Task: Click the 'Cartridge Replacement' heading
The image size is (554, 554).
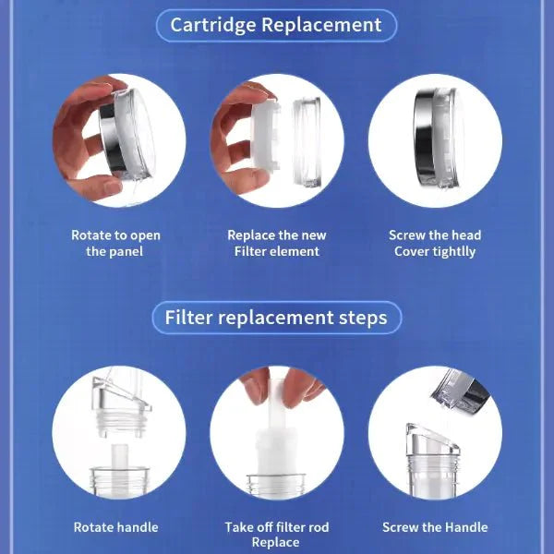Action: (x=276, y=25)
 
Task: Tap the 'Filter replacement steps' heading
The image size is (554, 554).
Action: (x=276, y=318)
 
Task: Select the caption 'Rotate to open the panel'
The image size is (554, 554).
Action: (x=115, y=243)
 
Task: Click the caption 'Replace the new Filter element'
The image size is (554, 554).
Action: (x=277, y=243)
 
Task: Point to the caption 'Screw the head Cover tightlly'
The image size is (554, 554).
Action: (x=435, y=243)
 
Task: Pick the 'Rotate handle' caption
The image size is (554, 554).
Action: (x=116, y=527)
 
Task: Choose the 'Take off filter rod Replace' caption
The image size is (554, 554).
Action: (x=277, y=535)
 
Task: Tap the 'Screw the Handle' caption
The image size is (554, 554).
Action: (x=435, y=527)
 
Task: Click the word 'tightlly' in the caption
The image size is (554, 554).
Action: (x=454, y=252)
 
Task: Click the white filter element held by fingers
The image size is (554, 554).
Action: (x=265, y=135)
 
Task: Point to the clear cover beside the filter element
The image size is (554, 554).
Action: (x=307, y=142)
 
